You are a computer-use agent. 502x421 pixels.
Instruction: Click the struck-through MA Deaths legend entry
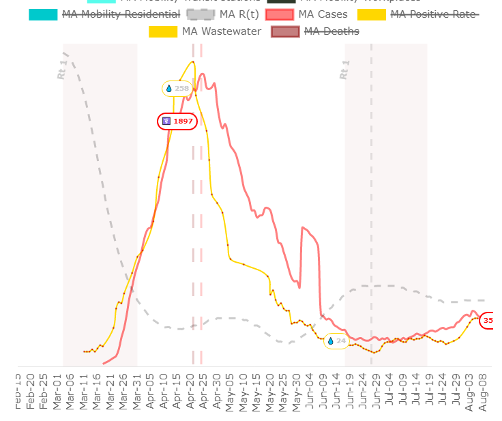(x=331, y=31)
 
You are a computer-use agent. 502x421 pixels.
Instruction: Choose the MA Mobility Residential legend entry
(x=121, y=14)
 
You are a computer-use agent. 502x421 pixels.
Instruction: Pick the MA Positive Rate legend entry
(x=434, y=14)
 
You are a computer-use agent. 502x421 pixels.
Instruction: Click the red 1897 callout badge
(x=177, y=121)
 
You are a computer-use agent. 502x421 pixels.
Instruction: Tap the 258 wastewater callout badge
(x=177, y=89)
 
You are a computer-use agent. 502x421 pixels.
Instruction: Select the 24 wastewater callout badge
(x=336, y=340)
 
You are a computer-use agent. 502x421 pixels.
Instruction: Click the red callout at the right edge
(x=489, y=320)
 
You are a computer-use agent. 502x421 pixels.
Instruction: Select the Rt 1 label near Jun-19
(x=344, y=70)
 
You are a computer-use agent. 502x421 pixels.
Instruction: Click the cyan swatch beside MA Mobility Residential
(x=43, y=14)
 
